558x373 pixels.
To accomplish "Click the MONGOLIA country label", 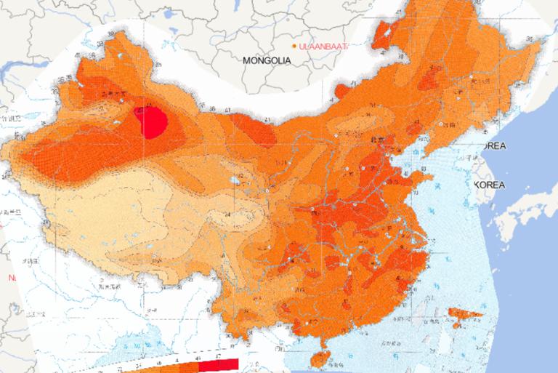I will point(267,60).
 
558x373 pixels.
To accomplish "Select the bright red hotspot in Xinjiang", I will point(154,121).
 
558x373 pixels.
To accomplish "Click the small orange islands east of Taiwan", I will point(465,314).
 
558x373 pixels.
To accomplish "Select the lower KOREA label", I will point(489,185).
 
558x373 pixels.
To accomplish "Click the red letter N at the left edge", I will point(11,278).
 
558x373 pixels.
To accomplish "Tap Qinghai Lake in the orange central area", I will point(235,178).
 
